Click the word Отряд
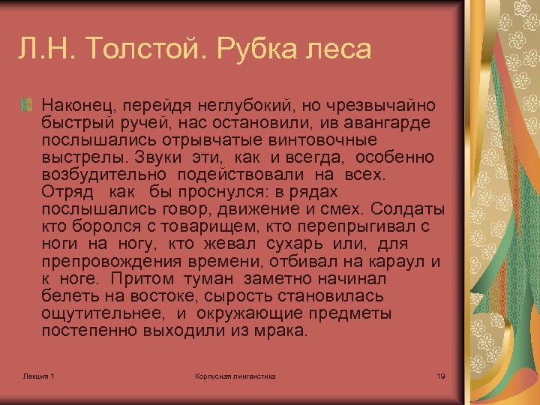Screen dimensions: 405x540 (66, 192)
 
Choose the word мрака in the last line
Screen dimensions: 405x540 (282, 331)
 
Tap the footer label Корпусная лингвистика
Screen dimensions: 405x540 (235, 375)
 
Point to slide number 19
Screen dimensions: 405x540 (440, 375)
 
